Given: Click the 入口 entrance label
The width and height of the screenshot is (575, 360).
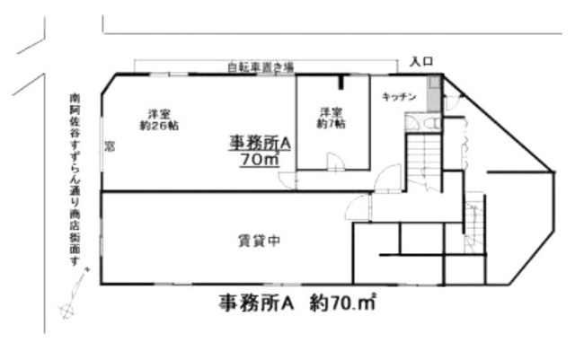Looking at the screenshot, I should click(421, 61).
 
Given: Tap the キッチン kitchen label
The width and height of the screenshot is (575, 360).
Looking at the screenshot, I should click(398, 95).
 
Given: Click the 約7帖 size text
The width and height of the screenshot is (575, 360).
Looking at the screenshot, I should click(330, 126).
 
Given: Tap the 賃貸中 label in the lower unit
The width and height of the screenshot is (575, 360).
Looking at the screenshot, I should click(261, 240).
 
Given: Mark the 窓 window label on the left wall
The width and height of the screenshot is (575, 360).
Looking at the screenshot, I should click(108, 145).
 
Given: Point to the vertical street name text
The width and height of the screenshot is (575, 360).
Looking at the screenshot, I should click(75, 180).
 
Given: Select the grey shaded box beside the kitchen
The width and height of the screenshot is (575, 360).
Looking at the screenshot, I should click(434, 95).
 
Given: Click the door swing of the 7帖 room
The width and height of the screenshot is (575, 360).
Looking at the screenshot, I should click(334, 162).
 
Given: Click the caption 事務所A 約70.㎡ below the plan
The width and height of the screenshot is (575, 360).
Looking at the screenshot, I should click(296, 303).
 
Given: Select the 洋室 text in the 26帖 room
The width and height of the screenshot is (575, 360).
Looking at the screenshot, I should click(159, 113).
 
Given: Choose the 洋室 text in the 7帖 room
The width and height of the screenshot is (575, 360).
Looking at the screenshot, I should click(330, 113).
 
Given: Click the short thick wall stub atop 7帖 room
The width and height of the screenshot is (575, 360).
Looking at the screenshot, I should click(342, 83).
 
